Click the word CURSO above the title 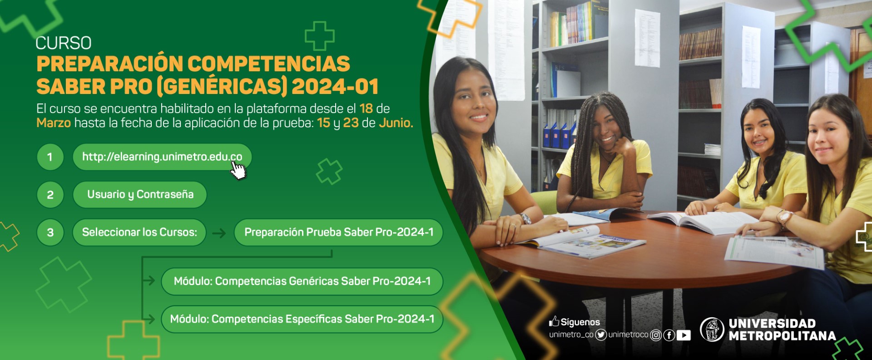[x=64, y=43]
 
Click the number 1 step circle [x=50, y=157]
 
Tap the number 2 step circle [x=50, y=195]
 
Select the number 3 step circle [x=50, y=232]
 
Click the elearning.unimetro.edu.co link [x=162, y=157]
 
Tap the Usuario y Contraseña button [x=140, y=195]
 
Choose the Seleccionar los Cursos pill [x=139, y=232]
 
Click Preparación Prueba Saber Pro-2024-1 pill [x=338, y=232]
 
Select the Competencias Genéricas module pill [x=302, y=281]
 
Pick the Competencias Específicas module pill [x=302, y=319]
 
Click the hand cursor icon [x=238, y=170]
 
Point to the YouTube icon [x=684, y=335]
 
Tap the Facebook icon [x=669, y=335]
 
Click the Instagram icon [x=656, y=335]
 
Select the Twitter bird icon [x=601, y=335]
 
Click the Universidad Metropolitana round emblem [x=712, y=330]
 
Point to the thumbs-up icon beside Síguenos [x=554, y=321]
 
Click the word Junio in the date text [x=396, y=123]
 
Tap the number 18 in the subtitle [x=366, y=108]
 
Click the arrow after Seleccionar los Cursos [x=219, y=233]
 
